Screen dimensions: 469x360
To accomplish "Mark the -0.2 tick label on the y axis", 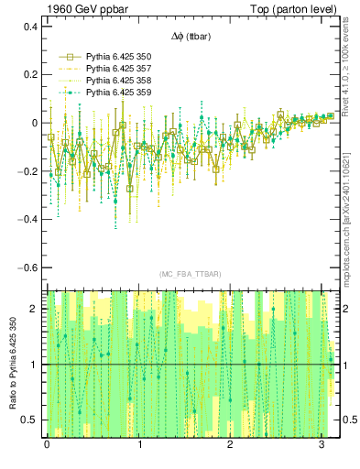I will tap(27, 171).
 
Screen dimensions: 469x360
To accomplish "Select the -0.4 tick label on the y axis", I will tap(27, 220).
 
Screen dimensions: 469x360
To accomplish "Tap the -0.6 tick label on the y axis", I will tap(27, 267).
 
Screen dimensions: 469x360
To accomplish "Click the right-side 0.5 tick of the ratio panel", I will tap(348, 420).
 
